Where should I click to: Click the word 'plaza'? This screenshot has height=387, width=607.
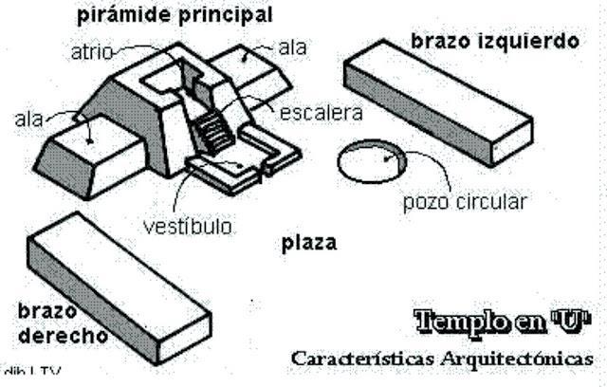point(308,243)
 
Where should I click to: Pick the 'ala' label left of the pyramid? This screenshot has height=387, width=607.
point(28,119)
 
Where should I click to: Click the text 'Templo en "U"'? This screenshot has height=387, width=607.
point(501,320)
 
